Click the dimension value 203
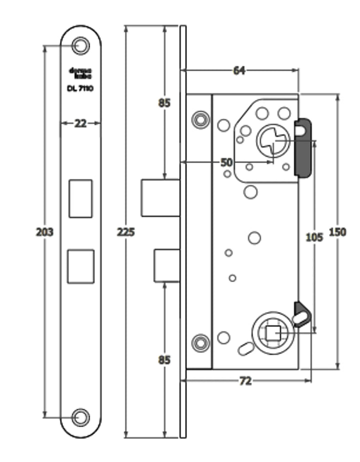[44, 232]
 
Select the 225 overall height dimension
[126, 232]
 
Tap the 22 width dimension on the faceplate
[80, 123]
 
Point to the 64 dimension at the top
[239, 71]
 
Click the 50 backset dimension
[226, 162]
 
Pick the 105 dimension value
[314, 237]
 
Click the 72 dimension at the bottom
[245, 381]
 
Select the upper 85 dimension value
[164, 103]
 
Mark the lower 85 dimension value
[164, 360]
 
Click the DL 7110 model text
[80, 88]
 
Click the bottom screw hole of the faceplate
[80, 417]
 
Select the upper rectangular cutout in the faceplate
[80, 199]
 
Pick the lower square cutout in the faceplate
[80, 266]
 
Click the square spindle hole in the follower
[273, 332]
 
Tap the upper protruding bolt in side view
[160, 198]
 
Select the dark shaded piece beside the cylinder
[303, 148]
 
